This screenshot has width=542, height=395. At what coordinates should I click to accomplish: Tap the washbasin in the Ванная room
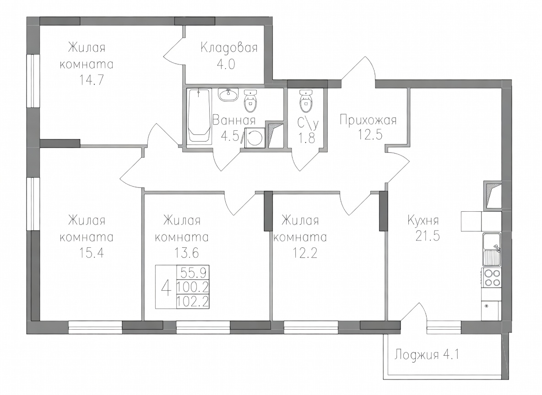point(228,95)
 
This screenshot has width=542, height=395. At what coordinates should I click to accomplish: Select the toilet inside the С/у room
point(305,101)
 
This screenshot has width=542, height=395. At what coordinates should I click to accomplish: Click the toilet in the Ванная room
point(250,101)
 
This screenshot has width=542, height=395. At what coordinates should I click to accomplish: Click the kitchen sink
point(492,250)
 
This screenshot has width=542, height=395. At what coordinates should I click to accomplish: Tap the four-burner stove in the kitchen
point(492,278)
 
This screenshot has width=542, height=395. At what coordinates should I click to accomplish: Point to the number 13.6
point(186,253)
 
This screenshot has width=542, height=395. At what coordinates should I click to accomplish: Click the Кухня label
point(423,220)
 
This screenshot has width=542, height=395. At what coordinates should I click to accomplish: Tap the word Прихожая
point(368,121)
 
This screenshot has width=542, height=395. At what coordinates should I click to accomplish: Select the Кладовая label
point(229,47)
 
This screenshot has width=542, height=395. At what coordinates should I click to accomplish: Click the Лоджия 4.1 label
point(427,355)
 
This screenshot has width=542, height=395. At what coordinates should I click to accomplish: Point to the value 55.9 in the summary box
point(194,273)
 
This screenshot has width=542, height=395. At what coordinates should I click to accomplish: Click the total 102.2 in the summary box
point(193,302)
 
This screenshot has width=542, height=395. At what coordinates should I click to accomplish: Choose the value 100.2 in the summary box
point(193,287)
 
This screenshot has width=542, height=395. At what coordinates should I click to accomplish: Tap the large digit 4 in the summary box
point(166,288)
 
